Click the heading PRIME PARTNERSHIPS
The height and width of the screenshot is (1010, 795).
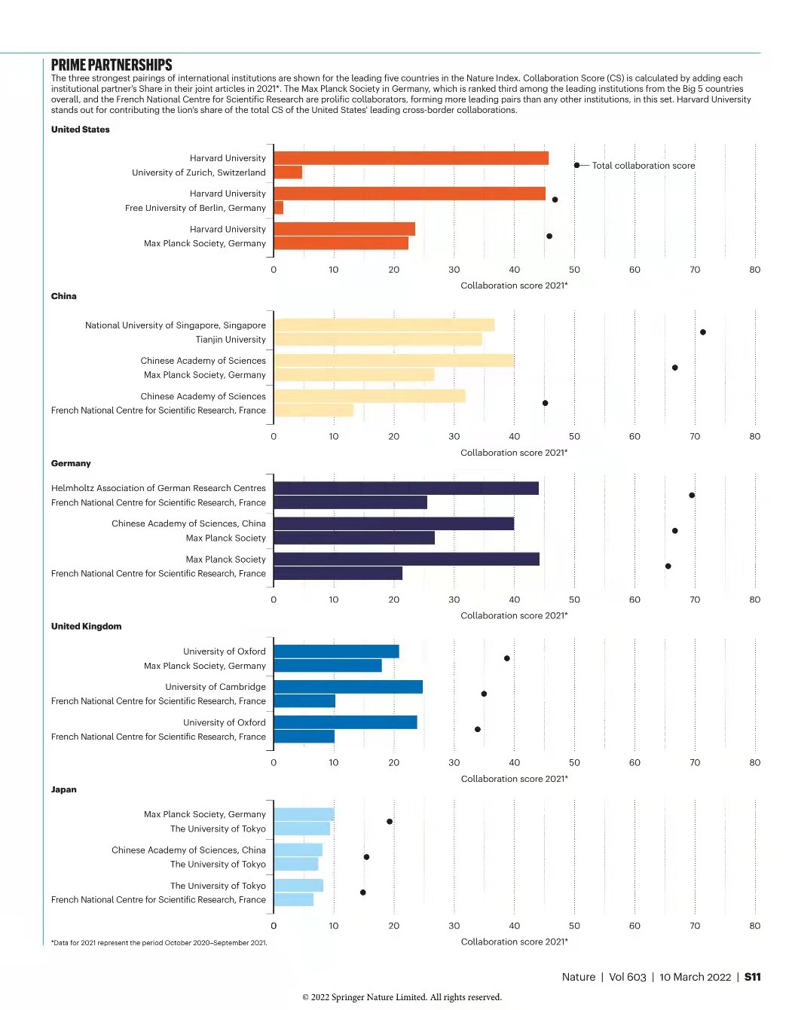click(112, 65)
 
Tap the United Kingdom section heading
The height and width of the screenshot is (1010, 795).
click(86, 626)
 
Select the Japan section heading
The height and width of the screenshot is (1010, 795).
click(64, 789)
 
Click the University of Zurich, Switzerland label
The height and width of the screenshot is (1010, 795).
click(198, 172)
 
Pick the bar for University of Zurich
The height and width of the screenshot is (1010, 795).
click(288, 172)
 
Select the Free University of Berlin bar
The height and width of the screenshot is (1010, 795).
click(279, 208)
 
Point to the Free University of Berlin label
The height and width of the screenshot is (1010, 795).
click(195, 208)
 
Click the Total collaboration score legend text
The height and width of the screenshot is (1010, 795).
click(643, 166)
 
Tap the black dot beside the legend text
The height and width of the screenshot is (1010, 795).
click(576, 166)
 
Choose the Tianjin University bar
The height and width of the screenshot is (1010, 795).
click(378, 340)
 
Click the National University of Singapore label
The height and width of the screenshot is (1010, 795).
click(175, 325)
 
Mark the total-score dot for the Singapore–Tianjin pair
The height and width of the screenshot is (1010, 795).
click(702, 332)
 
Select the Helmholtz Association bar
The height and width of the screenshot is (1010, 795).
click(405, 488)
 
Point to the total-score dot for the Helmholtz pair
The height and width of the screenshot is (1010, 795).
click(692, 495)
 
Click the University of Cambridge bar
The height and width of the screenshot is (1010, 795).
click(348, 687)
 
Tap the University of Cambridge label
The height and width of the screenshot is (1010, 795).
click(216, 687)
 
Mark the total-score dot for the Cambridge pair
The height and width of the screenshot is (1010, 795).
click(484, 694)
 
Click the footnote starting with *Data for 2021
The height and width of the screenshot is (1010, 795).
click(159, 943)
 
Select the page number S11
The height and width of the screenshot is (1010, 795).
click(752, 977)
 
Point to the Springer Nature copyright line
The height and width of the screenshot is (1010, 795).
click(402, 997)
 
